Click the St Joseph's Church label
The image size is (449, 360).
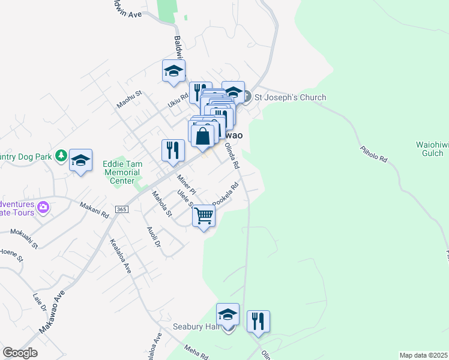[291, 97]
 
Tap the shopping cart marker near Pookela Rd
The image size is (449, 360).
[204, 216]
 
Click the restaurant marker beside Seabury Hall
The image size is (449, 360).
[258, 320]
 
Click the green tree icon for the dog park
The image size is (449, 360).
[61, 156]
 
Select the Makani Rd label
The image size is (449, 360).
[94, 210]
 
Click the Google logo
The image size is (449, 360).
[20, 353]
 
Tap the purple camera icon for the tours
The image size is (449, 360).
[43, 208]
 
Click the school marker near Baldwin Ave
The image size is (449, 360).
[174, 71]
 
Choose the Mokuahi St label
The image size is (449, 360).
[23, 238]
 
